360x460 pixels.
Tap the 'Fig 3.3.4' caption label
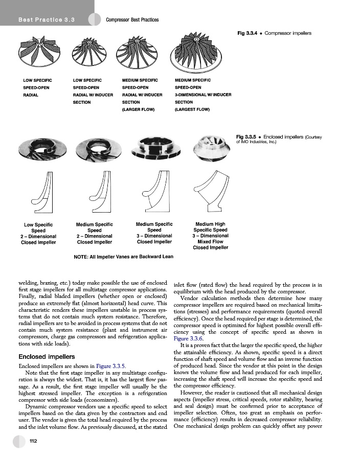(248, 33)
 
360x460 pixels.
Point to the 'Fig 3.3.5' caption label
(248, 137)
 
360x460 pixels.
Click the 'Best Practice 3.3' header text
(46, 20)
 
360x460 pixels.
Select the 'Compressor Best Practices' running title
(132, 20)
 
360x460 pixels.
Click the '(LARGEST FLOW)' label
(192, 109)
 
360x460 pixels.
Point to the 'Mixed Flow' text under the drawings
(210, 242)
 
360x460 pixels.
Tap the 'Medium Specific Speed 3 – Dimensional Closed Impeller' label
(154, 233)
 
